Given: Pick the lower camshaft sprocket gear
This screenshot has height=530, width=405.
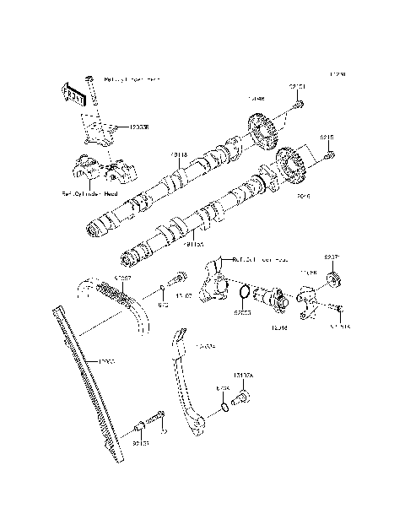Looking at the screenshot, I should (x=290, y=167).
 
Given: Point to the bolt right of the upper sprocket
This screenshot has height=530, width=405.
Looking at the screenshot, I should (x=299, y=105).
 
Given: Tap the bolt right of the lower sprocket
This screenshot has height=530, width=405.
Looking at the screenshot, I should (x=330, y=154).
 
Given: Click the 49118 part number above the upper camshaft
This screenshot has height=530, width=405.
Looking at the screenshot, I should (x=178, y=154).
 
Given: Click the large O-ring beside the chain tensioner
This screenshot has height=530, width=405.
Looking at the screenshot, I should (x=243, y=294).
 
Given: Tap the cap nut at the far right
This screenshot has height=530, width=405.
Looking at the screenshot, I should (x=332, y=279).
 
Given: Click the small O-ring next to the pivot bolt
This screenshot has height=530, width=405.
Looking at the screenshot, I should (x=222, y=408).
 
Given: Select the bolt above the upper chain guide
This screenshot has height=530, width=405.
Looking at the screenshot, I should (x=178, y=278).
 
